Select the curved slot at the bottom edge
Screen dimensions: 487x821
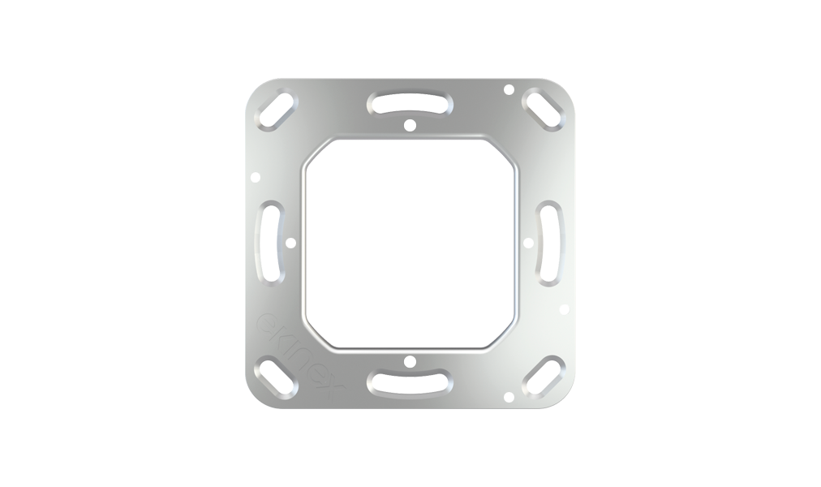(410, 382)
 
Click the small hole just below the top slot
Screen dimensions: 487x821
(410, 125)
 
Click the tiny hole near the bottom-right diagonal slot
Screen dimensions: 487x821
(508, 396)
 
